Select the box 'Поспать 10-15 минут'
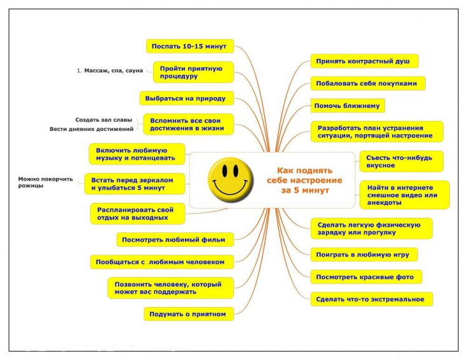(189, 46)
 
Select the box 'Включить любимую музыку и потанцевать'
(136, 153)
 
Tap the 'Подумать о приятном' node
(187, 314)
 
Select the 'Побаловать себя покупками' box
(367, 83)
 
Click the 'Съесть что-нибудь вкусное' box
(401, 162)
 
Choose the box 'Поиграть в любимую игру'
(364, 255)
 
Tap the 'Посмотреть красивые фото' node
(367, 277)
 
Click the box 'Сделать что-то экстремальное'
(372, 298)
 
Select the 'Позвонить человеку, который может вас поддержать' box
(169, 287)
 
